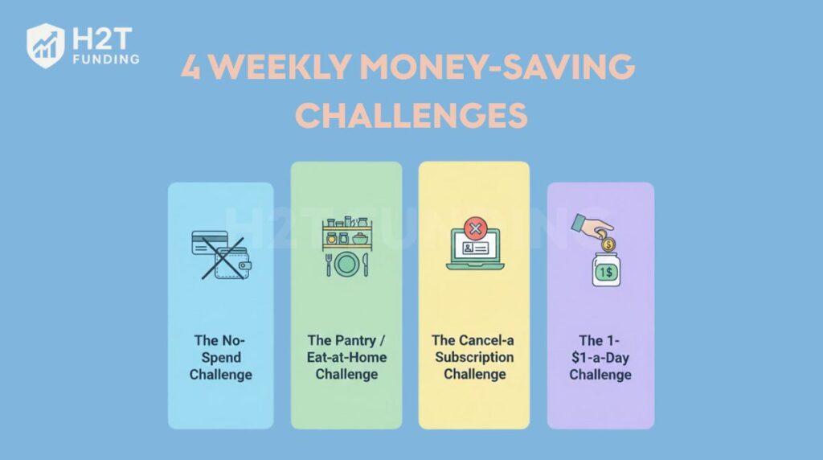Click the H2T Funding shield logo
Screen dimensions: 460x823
pyautogui.click(x=45, y=45)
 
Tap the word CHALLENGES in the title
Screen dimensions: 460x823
pyautogui.click(x=411, y=116)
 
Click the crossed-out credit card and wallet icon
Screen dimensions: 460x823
pyautogui.click(x=220, y=256)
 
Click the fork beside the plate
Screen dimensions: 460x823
pyautogui.click(x=329, y=265)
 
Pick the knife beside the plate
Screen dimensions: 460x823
pyautogui.click(x=365, y=265)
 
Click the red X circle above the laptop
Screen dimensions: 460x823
pyautogui.click(x=475, y=230)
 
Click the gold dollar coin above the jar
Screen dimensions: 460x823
pyautogui.click(x=608, y=244)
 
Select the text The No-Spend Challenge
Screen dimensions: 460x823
pyautogui.click(x=220, y=357)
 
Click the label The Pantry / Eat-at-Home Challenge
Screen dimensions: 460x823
pyautogui.click(x=346, y=357)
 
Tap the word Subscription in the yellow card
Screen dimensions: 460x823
pyautogui.click(x=474, y=357)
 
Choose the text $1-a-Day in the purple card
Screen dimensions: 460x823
pyautogui.click(x=600, y=357)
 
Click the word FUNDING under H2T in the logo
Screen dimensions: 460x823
pyautogui.click(x=104, y=59)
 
